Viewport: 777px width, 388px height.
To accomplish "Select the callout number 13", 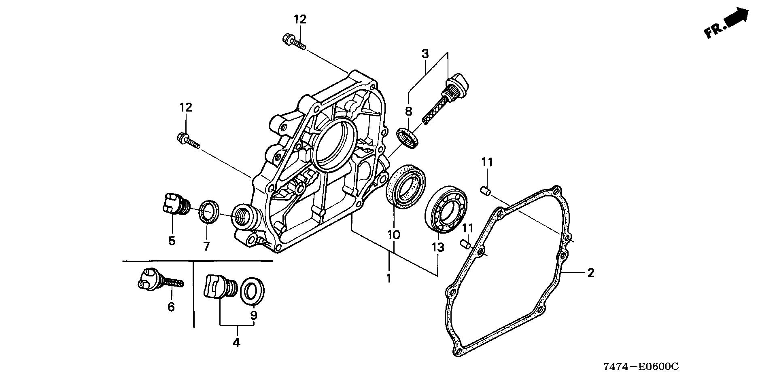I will click(438, 247).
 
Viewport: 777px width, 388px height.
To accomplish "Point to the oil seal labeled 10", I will click(405, 186).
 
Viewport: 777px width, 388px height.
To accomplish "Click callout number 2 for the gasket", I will click(590, 273).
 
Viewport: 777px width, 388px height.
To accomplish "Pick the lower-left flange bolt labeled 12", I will click(189, 141).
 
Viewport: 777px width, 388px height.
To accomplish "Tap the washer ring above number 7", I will click(210, 212).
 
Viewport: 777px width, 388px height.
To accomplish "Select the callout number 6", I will click(171, 307).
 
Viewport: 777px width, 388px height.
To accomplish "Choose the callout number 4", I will click(236, 343).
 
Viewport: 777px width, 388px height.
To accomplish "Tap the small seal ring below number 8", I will click(408, 138).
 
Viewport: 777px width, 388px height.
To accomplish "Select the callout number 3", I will click(425, 53).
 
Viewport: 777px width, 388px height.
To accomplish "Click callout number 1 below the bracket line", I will click(389, 278).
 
